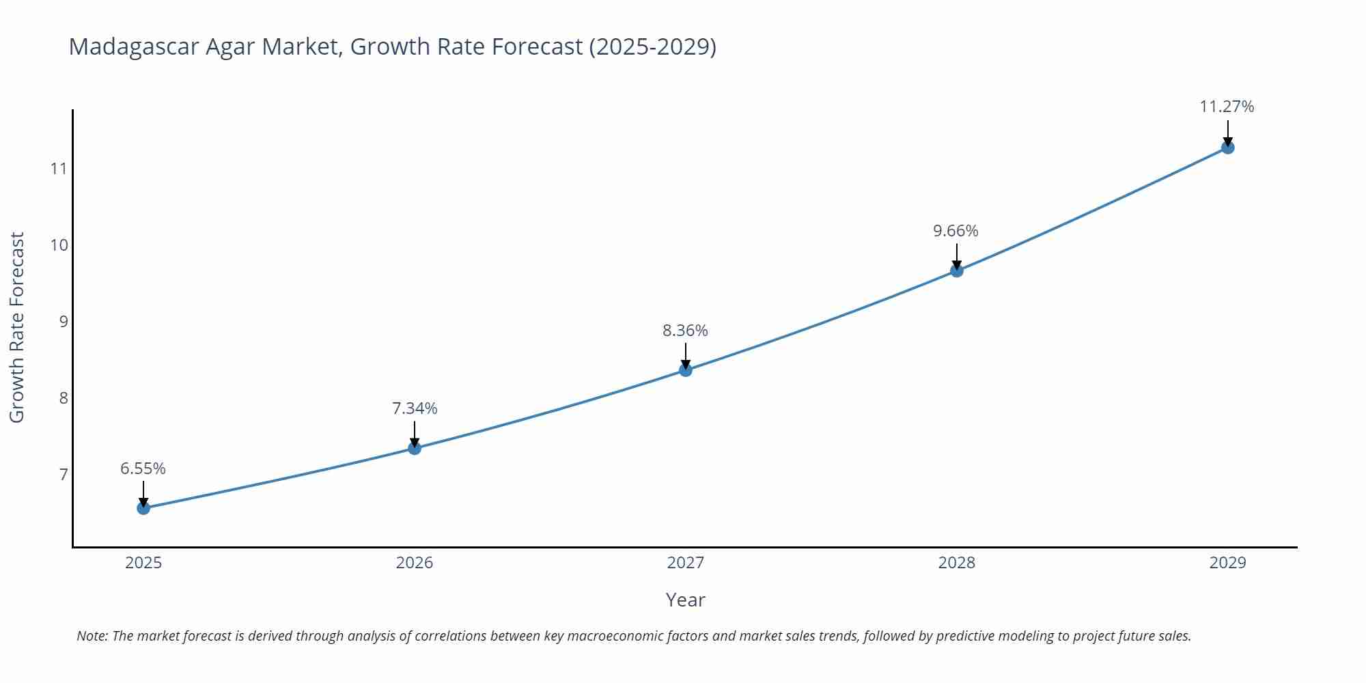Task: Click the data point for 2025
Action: click(x=143, y=508)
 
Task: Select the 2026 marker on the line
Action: click(x=415, y=448)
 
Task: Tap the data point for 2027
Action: click(x=686, y=370)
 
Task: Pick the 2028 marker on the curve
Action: click(x=957, y=270)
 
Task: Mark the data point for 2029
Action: click(x=1227, y=148)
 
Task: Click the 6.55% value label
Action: click(x=143, y=469)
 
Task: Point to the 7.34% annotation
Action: click(x=415, y=408)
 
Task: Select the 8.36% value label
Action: click(x=685, y=331)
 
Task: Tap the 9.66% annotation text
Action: click(x=956, y=231)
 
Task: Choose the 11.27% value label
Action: click(x=1227, y=107)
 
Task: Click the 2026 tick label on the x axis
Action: click(x=415, y=563)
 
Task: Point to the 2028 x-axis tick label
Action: click(x=957, y=563)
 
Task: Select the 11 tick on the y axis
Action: click(x=59, y=169)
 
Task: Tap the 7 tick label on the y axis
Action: click(x=64, y=475)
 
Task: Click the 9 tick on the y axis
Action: click(x=64, y=322)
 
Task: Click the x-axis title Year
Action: click(x=685, y=600)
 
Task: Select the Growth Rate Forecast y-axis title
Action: click(x=17, y=327)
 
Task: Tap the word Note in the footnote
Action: click(x=92, y=636)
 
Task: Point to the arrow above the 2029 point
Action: click(x=1227, y=133)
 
